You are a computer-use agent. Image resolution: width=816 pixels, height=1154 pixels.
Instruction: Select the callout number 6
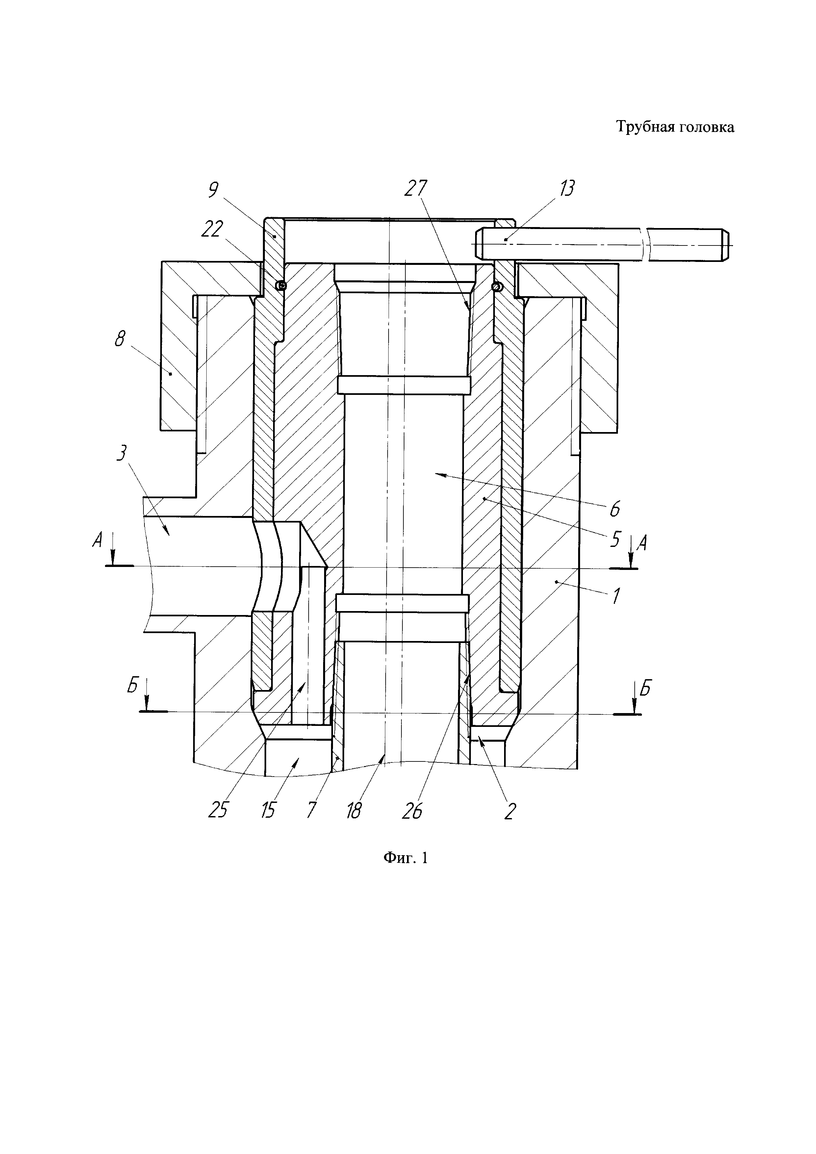click(615, 509)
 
